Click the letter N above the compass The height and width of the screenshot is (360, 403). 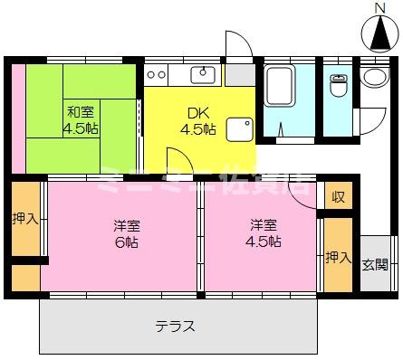point(380,8)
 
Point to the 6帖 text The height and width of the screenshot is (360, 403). point(125,243)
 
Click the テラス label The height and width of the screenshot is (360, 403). point(175,327)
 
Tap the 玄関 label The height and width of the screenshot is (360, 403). point(376,265)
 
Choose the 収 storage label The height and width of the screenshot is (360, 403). point(338,196)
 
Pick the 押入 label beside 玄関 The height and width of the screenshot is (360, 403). point(338,259)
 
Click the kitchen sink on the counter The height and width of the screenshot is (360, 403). point(202,73)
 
